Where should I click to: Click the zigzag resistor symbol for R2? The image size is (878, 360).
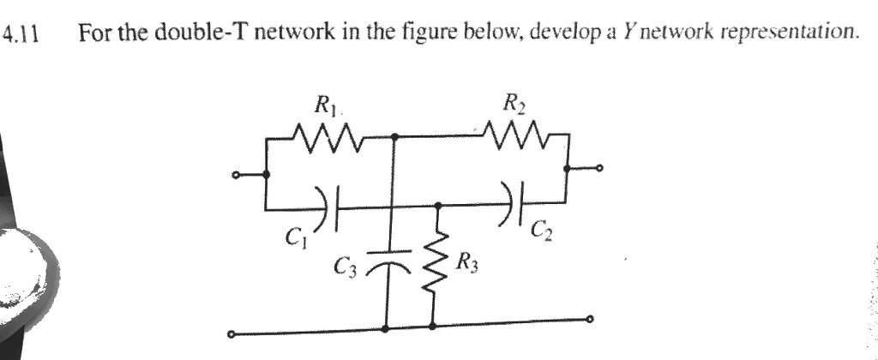click(514, 135)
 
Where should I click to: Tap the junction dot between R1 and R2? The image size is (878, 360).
click(394, 135)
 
